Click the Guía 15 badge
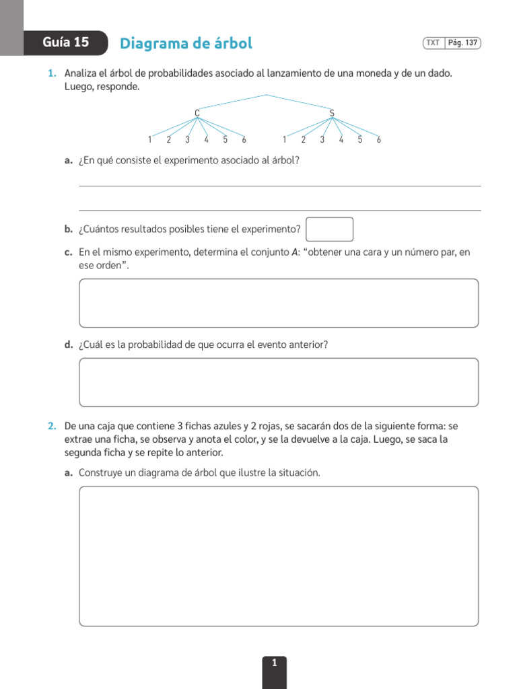[x=65, y=42]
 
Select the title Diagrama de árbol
[x=186, y=44]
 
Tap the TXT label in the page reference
[x=433, y=43]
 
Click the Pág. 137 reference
[x=462, y=43]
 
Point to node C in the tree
[x=197, y=112]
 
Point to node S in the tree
[x=332, y=112]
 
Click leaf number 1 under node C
[x=149, y=140]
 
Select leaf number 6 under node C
[x=244, y=140]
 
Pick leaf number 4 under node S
[x=341, y=140]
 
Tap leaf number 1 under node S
[x=284, y=140]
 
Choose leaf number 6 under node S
[x=379, y=140]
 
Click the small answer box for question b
[x=329, y=229]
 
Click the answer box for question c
[x=279, y=303]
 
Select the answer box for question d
[x=279, y=382]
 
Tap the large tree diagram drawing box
[x=279, y=556]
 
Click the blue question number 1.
[x=52, y=73]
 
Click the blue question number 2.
[x=52, y=427]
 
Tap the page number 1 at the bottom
[x=274, y=663]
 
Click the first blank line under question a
[x=279, y=185]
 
